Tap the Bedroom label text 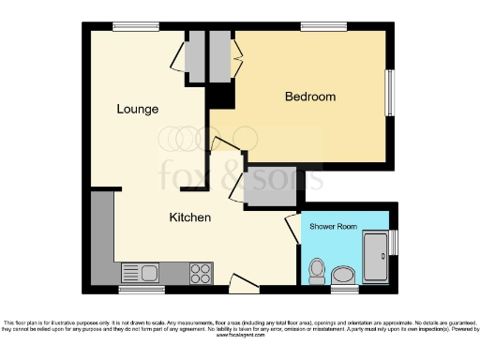tap(309, 97)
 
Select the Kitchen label tap(189, 217)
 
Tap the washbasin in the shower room tap(344, 275)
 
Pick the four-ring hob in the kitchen tap(200, 273)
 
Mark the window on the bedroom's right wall tap(390, 94)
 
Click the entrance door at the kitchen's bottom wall tap(242, 278)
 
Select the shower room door tap(292, 229)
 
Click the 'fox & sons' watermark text tap(240, 173)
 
